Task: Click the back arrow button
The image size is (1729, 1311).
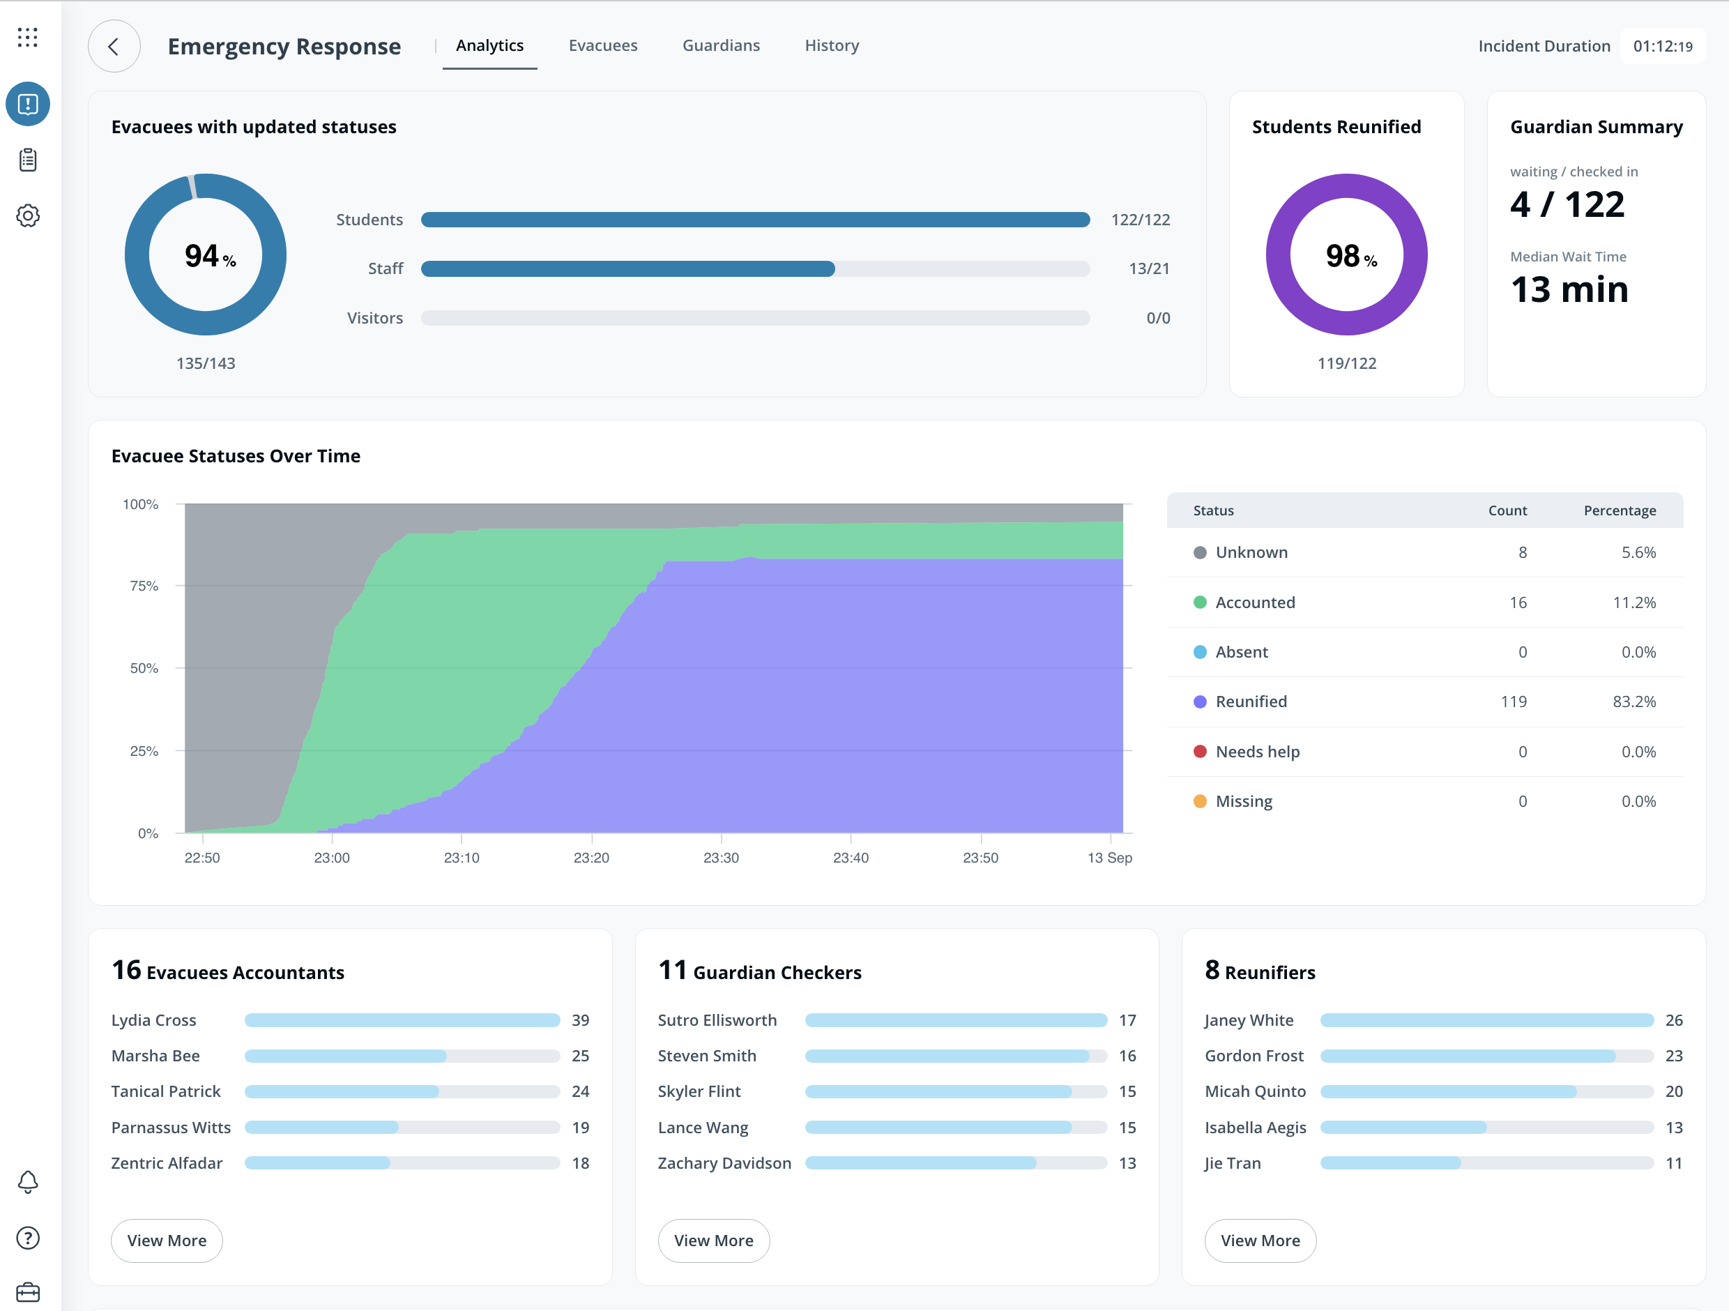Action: [114, 46]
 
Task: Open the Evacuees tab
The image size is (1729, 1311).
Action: [602, 46]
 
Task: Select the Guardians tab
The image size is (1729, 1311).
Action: [721, 46]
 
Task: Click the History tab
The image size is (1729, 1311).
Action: [832, 46]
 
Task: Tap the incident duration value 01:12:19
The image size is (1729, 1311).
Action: [1663, 47]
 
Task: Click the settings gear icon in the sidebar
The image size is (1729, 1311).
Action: [28, 215]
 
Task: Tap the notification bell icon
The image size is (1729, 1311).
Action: [28, 1181]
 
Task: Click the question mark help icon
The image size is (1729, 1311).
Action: [28, 1238]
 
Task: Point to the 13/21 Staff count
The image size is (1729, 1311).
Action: [1149, 269]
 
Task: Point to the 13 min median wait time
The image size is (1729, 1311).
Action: [1569, 290]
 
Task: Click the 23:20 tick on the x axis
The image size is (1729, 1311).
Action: [591, 858]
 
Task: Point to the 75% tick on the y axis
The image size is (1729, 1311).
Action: [144, 586]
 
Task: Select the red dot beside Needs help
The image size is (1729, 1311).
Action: [1200, 751]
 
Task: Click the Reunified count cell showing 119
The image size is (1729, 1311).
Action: [1514, 702]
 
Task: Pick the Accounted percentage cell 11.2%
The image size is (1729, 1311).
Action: [1633, 603]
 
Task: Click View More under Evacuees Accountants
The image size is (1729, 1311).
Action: [167, 1241]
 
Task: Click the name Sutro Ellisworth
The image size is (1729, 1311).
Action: [717, 1020]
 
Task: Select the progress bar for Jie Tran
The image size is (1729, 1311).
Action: [1486, 1163]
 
